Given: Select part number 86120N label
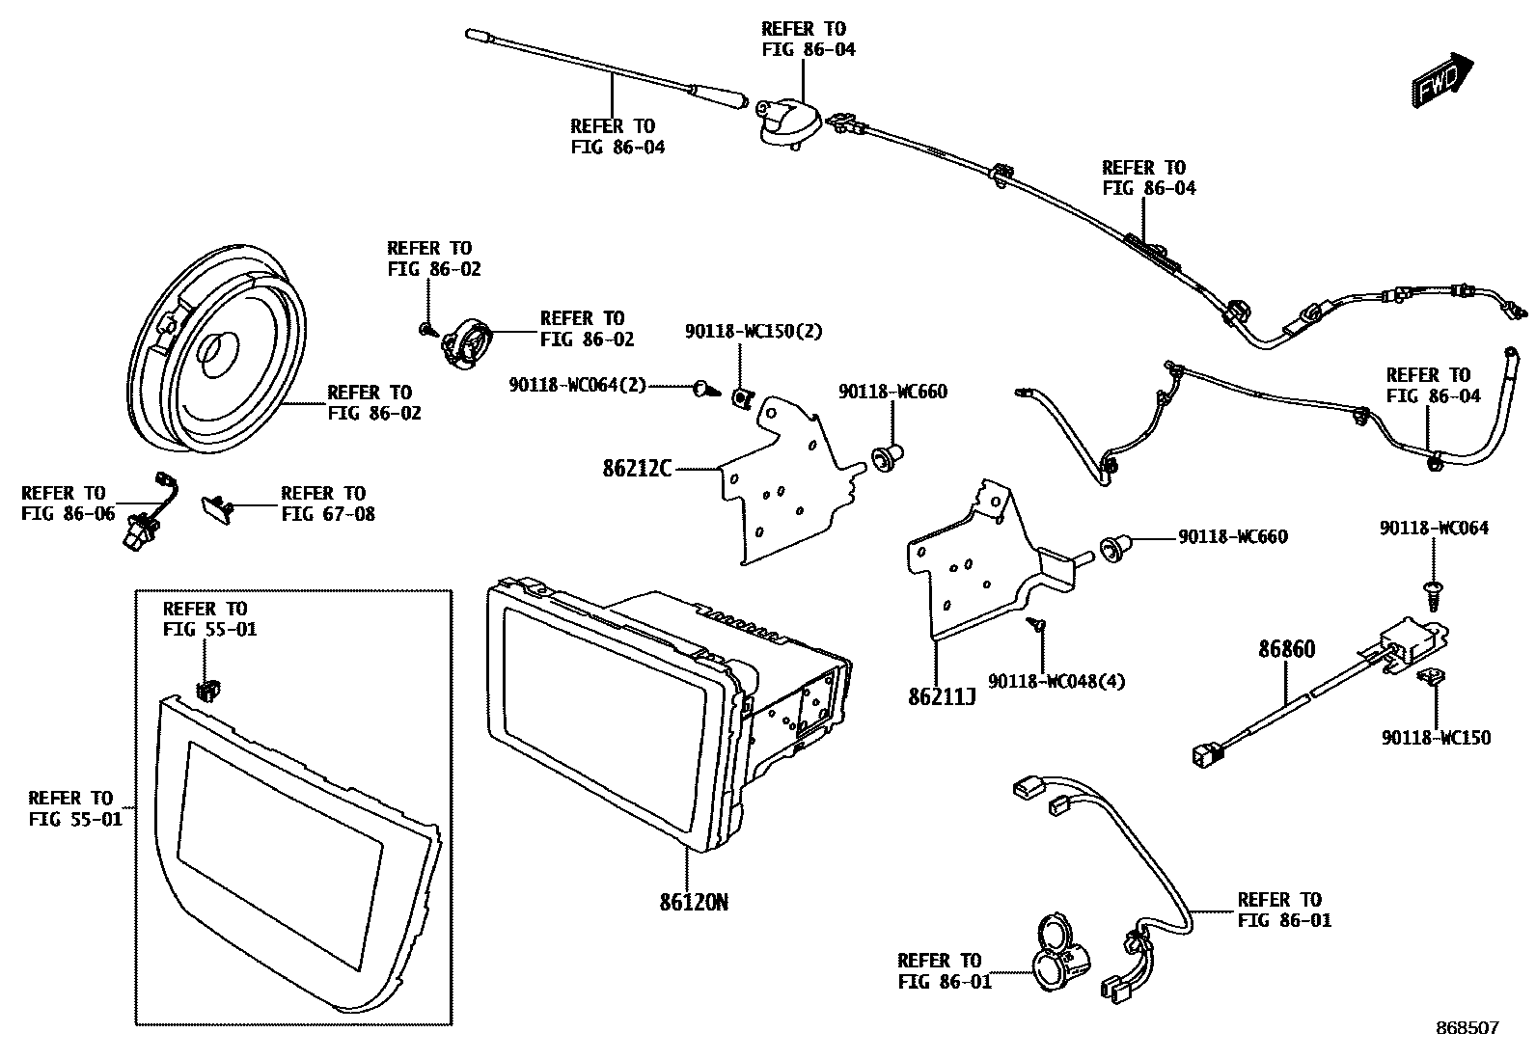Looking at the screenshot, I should pos(694,904).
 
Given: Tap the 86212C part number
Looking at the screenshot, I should pos(637,469).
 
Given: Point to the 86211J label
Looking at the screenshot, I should pos(942,696).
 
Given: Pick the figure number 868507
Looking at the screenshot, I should pos(1467,1028).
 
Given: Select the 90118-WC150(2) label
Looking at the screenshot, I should pos(754,332).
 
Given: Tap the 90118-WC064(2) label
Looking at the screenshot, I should pos(577,386).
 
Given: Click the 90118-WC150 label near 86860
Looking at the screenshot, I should pos(1436,738).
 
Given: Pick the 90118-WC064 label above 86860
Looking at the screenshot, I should pos(1434,528).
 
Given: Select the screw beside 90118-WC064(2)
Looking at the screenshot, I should pos(703,389).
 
